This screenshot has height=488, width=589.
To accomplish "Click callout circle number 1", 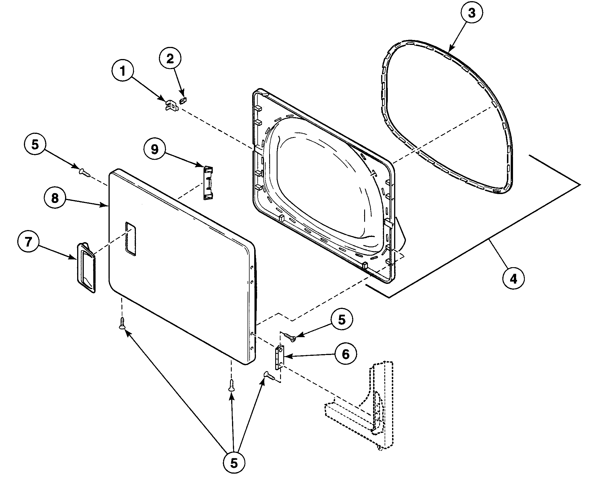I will click(123, 71).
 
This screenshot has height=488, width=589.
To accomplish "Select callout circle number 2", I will click(170, 59).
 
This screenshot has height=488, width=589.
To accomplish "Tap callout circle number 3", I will click(471, 13).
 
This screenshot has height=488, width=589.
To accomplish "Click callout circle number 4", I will click(514, 278).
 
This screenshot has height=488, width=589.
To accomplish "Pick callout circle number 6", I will click(345, 354).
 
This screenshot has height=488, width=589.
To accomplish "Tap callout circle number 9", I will click(155, 149).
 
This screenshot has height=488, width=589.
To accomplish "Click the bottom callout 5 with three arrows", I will click(234, 463).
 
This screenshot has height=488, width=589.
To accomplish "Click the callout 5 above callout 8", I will click(35, 145).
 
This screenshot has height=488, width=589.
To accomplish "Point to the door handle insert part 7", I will click(86, 268).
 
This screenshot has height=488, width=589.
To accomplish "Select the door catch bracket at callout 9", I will click(209, 183).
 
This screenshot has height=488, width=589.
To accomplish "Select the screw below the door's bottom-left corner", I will click(122, 323).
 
